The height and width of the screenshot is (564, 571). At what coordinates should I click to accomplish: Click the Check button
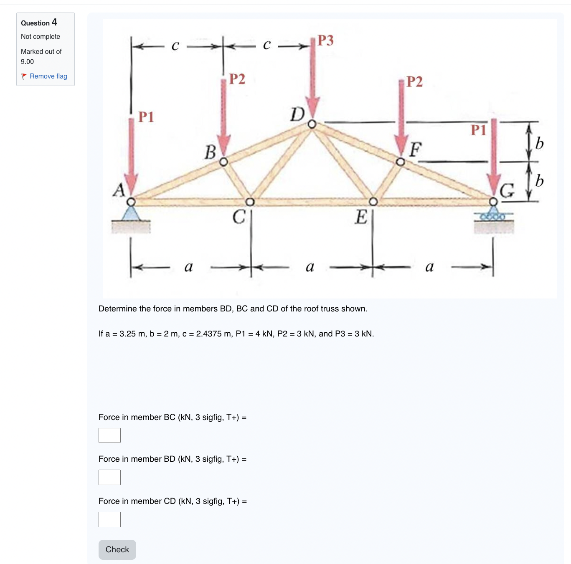[x=117, y=549]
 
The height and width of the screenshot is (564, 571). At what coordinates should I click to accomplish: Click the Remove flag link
[x=48, y=76]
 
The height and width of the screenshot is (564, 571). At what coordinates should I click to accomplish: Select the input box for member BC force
[x=109, y=435]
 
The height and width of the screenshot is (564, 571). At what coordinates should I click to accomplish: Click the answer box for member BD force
[x=109, y=477]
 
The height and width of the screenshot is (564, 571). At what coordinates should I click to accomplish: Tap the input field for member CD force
[x=109, y=519]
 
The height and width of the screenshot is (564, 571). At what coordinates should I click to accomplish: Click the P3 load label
[x=325, y=40]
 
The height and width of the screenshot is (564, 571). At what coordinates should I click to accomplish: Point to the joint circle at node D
[x=312, y=124]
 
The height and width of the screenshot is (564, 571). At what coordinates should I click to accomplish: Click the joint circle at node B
[x=224, y=162]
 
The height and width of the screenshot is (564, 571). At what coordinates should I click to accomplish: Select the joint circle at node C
[x=250, y=202]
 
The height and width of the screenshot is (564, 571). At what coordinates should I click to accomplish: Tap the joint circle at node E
[x=373, y=202]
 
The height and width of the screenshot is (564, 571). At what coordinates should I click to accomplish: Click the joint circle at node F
[x=400, y=162]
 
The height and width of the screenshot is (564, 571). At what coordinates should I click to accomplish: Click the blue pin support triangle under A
[x=131, y=214]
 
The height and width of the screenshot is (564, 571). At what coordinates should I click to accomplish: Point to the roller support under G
[x=493, y=216]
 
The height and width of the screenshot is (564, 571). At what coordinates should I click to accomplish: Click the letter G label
[x=507, y=191]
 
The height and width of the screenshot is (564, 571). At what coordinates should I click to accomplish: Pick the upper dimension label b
[x=539, y=143]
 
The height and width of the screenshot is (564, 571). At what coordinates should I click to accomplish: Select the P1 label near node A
[x=146, y=117]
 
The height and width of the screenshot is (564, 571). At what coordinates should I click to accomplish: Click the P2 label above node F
[x=414, y=81]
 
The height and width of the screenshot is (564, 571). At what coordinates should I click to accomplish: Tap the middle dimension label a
[x=310, y=267]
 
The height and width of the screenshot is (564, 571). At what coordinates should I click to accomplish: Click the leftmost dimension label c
[x=175, y=46]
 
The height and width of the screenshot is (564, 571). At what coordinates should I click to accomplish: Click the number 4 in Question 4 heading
[x=54, y=22]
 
